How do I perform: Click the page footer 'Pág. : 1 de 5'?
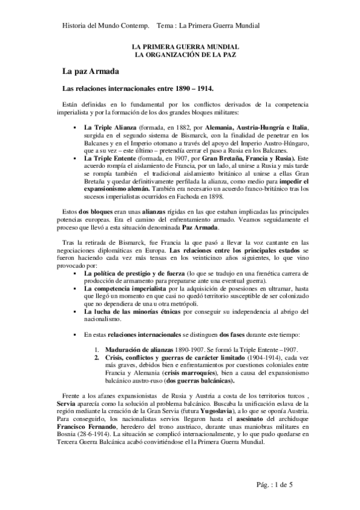[x=273, y=485]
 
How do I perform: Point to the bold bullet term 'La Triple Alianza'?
[x=111, y=128]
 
